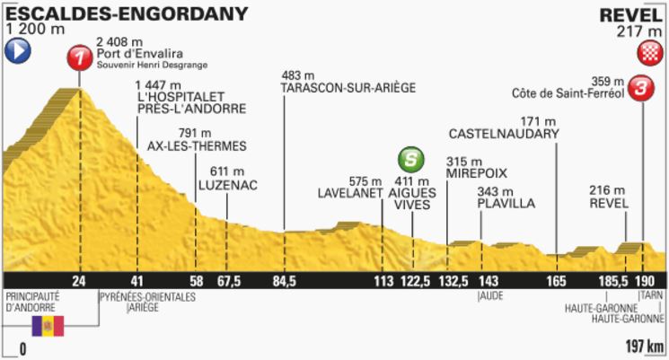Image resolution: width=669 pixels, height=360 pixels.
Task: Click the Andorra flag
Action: click(x=48, y=326)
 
